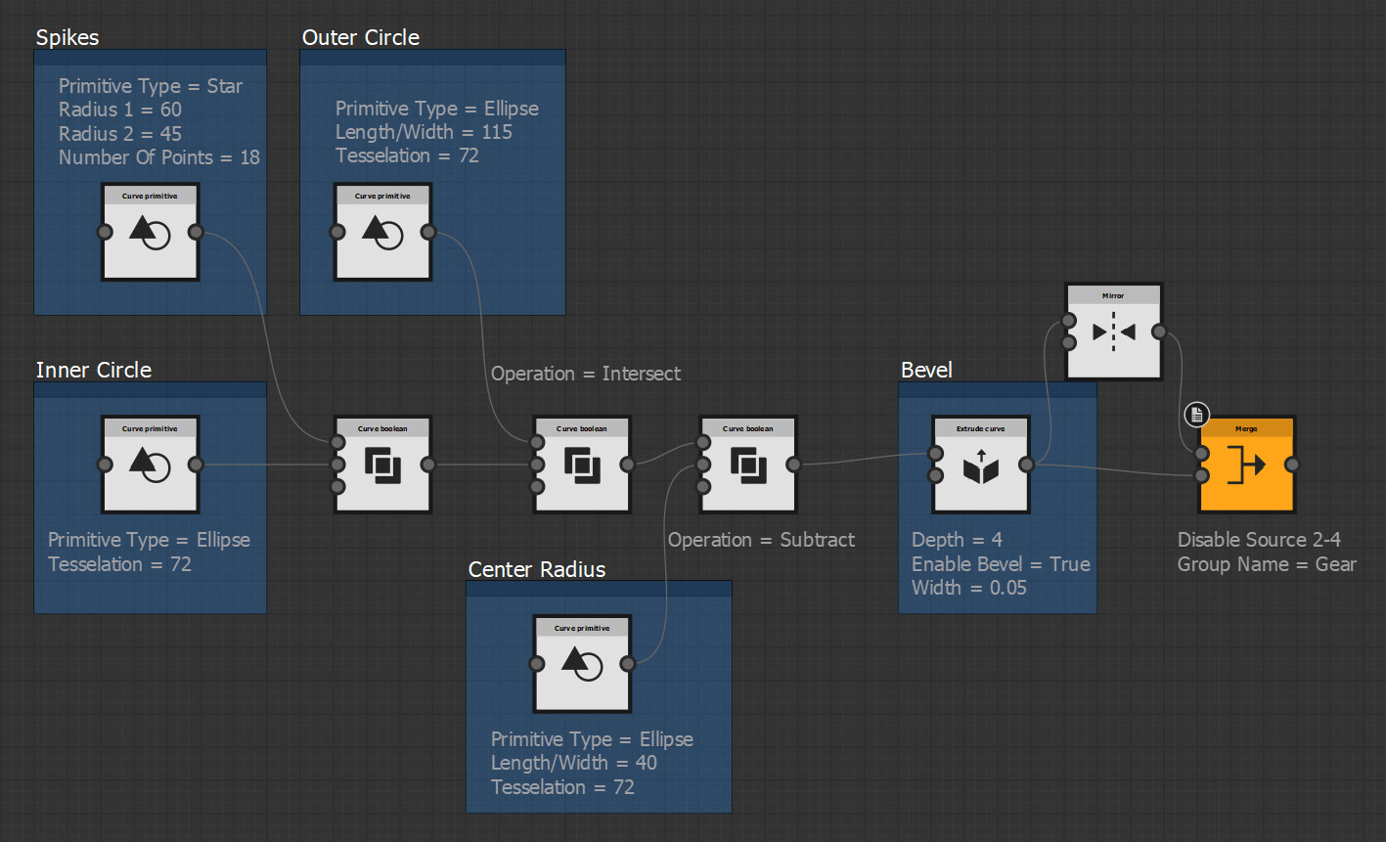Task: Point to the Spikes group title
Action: click(67, 37)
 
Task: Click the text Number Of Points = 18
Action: click(158, 157)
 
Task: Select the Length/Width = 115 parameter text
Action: click(424, 132)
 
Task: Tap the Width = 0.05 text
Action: click(968, 588)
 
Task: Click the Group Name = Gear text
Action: click(1266, 564)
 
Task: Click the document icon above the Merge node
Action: click(1196, 415)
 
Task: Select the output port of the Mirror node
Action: click(1159, 332)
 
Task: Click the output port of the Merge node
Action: click(1292, 465)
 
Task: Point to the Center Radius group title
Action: click(536, 569)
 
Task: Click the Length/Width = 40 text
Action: click(573, 763)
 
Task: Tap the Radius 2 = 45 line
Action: click(119, 134)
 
